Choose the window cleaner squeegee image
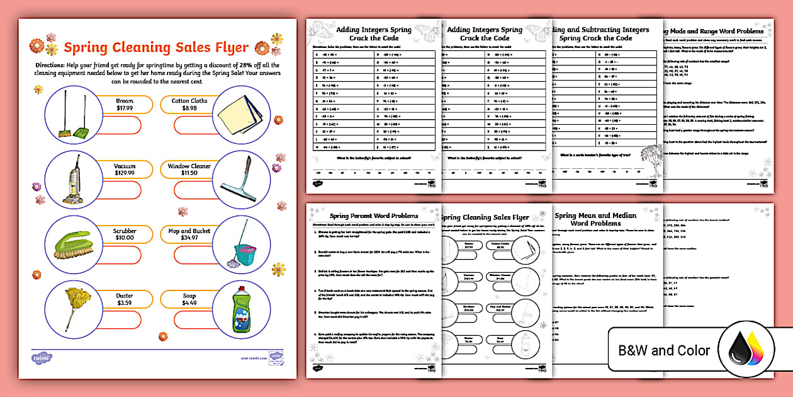pyautogui.click(x=238, y=179)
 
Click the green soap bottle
pyautogui.click(x=238, y=309)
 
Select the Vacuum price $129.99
pyautogui.click(x=125, y=173)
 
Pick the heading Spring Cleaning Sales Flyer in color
pyautogui.click(x=156, y=47)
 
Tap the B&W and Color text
pyautogui.click(x=663, y=350)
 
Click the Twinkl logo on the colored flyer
pyautogui.click(x=42, y=357)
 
